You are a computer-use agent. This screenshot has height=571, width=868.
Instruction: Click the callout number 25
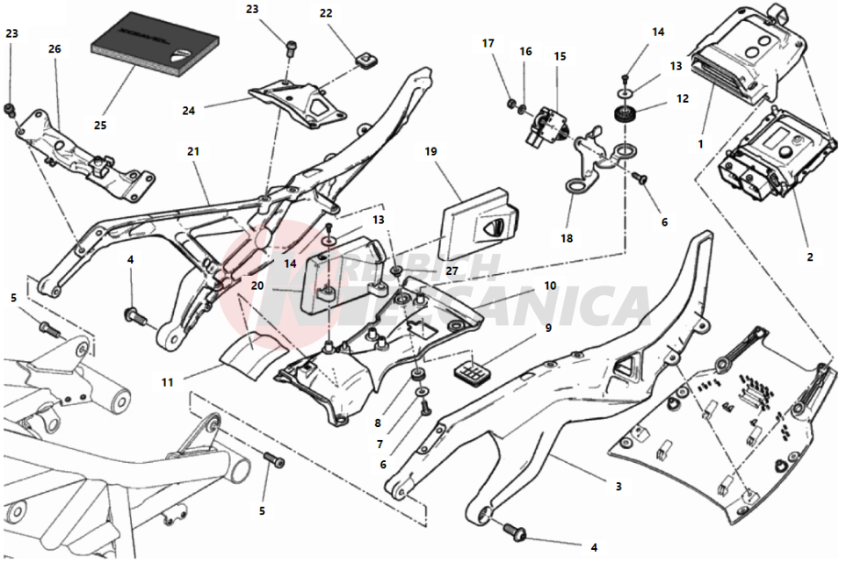[100, 125]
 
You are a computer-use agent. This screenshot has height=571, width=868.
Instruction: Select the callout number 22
[326, 13]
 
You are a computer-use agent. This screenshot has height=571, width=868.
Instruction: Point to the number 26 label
[54, 49]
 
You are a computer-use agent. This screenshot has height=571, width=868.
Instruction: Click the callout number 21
[193, 151]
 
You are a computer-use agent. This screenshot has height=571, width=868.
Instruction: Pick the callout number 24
[188, 111]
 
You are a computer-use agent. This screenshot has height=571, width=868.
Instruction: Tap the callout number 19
[430, 151]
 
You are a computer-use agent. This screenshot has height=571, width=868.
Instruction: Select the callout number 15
[560, 56]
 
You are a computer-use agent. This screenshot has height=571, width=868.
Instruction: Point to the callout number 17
[488, 43]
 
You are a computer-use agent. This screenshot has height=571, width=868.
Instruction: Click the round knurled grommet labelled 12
[626, 115]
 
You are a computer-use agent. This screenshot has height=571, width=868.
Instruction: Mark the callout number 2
[810, 257]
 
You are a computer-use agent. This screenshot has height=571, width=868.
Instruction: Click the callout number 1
[701, 141]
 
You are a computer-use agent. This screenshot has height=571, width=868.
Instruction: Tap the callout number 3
[618, 485]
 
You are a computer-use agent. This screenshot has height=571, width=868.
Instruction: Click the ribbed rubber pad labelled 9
[471, 373]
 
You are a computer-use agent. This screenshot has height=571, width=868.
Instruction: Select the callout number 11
[168, 382]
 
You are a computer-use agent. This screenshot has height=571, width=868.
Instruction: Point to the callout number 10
[549, 285]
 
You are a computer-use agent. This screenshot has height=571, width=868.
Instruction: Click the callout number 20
[257, 285]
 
